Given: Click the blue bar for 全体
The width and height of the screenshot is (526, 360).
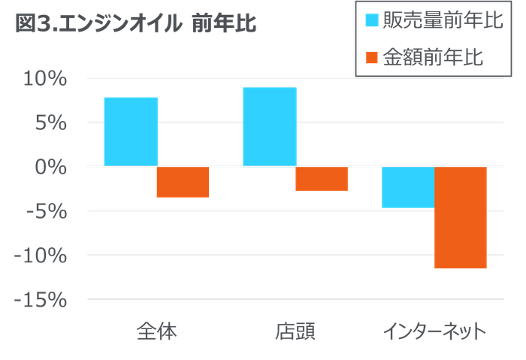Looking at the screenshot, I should (x=130, y=131).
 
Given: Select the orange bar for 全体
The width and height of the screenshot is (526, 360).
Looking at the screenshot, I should (x=183, y=182).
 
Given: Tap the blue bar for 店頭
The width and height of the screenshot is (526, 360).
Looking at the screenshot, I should (x=270, y=126).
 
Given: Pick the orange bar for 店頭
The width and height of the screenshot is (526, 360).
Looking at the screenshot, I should (x=322, y=180).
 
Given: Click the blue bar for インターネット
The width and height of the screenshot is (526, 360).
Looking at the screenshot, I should (x=407, y=187).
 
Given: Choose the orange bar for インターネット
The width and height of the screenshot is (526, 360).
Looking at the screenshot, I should (x=460, y=217).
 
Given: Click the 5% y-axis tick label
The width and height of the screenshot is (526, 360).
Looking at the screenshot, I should (x=52, y=123).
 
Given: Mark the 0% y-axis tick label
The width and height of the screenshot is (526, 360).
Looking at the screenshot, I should (x=52, y=167).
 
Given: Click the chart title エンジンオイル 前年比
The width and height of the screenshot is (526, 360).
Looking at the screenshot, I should (x=136, y=25).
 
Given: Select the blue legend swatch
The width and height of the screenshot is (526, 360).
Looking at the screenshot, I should (x=371, y=20).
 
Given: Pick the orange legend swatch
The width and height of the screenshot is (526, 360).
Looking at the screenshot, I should (x=371, y=56).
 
